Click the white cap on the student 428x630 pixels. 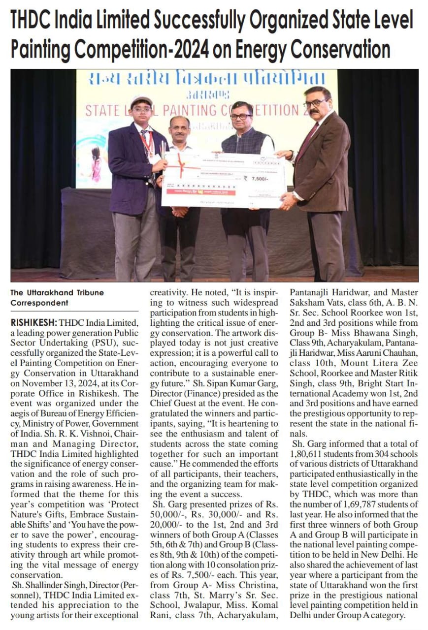pyautogui.click(x=141, y=101)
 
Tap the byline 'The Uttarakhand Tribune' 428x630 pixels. pyautogui.click(x=57, y=292)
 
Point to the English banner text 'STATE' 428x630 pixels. pyautogui.click(x=103, y=110)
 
